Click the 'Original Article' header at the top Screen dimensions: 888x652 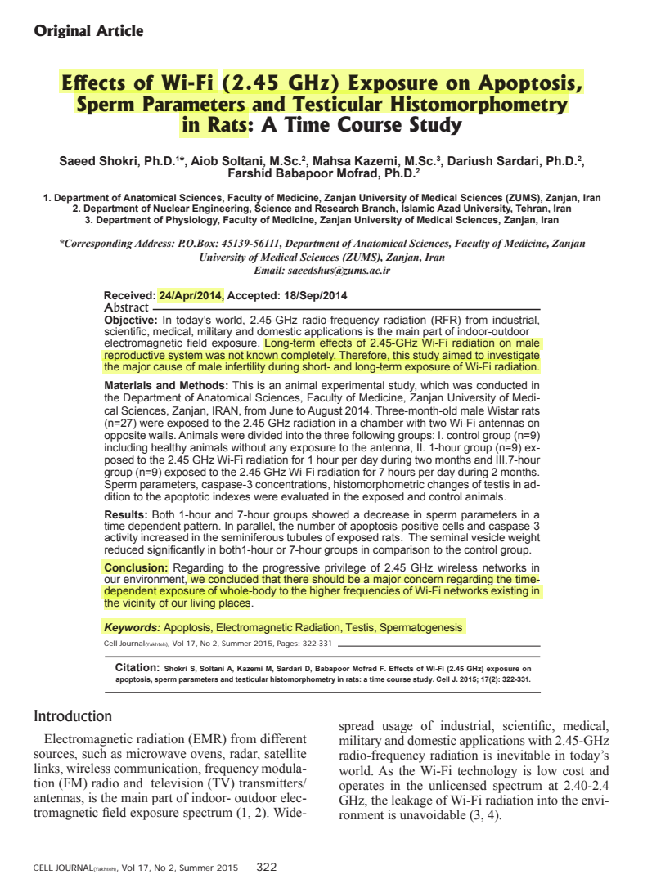88,31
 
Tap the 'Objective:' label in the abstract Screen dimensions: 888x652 129,320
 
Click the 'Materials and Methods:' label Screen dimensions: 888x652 167,385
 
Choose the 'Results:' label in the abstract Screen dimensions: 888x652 125,514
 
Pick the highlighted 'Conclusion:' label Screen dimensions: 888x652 136,567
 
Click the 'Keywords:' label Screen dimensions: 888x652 132,628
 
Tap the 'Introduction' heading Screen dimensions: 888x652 73,716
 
